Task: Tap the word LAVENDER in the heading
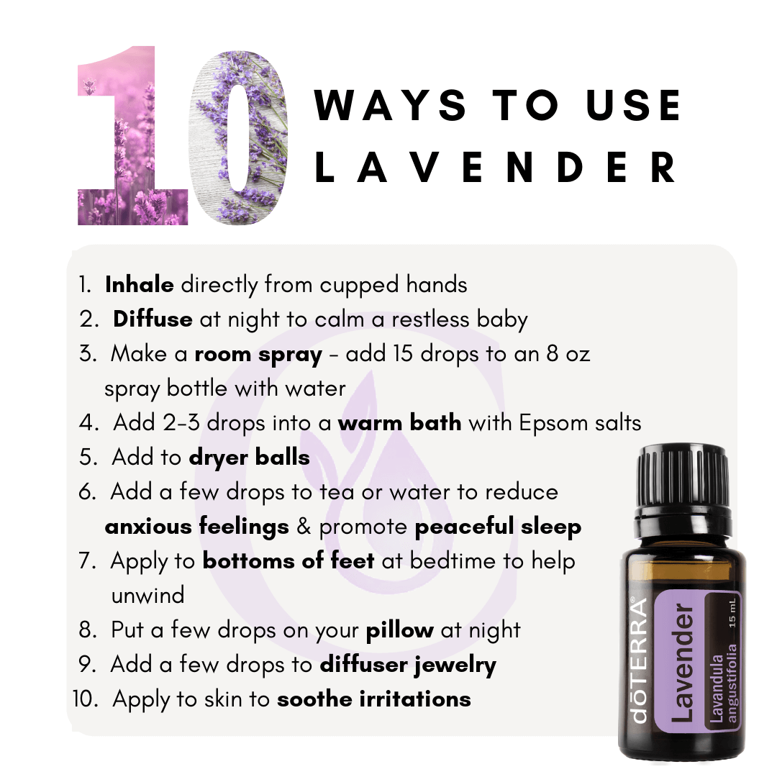[496, 167]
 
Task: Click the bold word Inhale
[140, 284]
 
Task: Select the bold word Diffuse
[153, 319]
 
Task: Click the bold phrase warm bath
[399, 423]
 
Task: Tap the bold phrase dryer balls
[249, 458]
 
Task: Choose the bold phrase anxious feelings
[196, 527]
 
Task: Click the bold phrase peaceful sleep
[498, 527]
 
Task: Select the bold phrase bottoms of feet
[288, 560]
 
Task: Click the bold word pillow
[399, 631]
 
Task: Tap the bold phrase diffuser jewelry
[408, 665]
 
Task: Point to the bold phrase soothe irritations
[374, 699]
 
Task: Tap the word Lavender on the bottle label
[682, 663]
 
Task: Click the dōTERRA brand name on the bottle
[640, 660]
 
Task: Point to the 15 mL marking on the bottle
[732, 613]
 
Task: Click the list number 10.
[85, 699]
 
